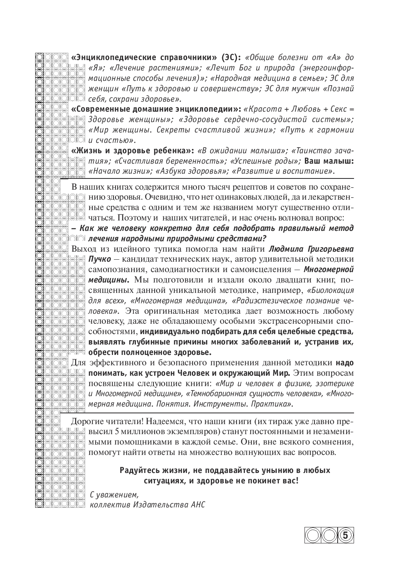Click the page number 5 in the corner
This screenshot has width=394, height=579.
346,534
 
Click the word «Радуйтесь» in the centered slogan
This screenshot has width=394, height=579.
140,470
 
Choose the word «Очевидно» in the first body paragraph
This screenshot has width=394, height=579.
163,197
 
